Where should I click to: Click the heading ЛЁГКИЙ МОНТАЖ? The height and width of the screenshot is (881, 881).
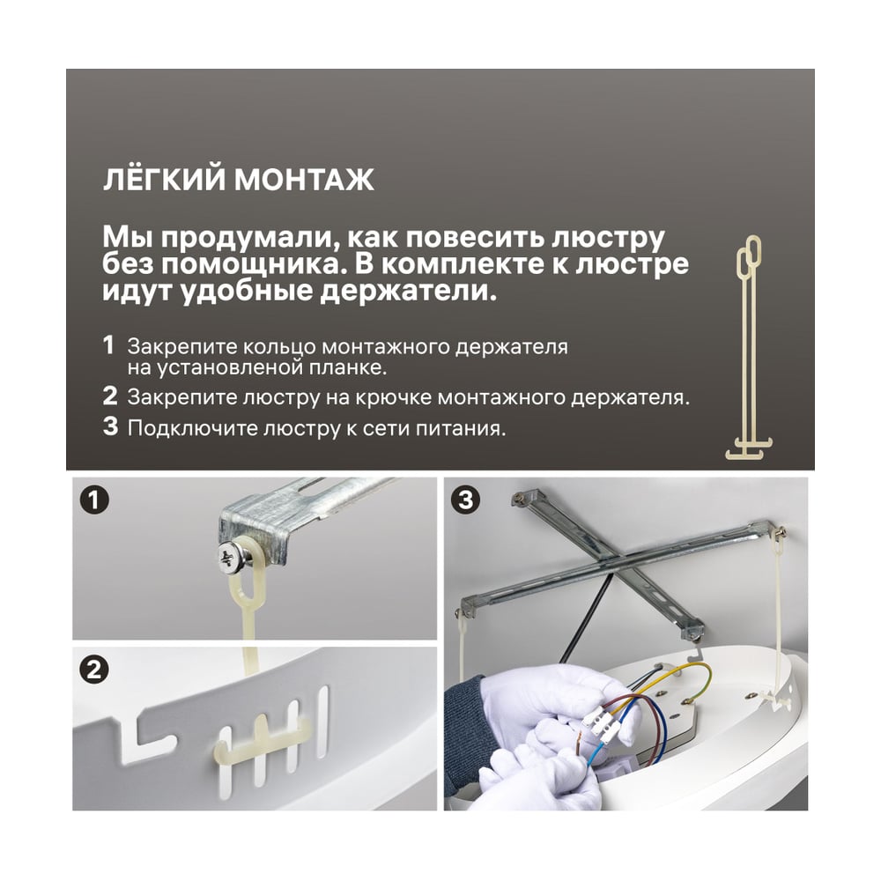tap(238, 179)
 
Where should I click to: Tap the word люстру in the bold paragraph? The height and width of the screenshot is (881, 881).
tap(608, 238)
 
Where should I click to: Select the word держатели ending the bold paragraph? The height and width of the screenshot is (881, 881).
tap(409, 291)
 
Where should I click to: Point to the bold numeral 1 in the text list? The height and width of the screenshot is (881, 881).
tap(108, 345)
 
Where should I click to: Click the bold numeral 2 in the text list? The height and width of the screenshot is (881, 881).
tap(110, 396)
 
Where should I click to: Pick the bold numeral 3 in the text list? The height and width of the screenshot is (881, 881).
tap(110, 426)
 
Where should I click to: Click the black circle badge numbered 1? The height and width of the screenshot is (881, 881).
tap(94, 500)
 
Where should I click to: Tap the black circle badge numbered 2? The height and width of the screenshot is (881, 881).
tap(94, 670)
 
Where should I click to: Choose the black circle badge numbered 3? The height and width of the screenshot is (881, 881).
tap(465, 500)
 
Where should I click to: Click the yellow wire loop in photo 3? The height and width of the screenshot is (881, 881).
tap(683, 683)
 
